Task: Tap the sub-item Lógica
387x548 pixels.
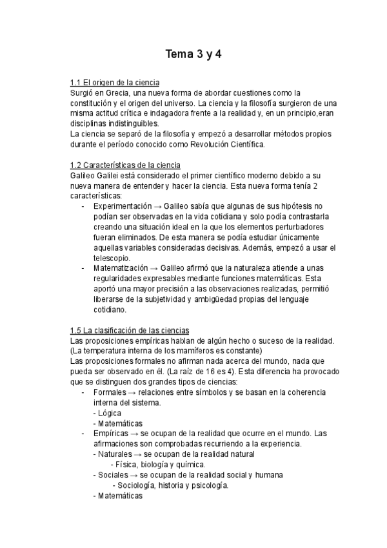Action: tap(109, 412)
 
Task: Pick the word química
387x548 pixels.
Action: tap(191, 464)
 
